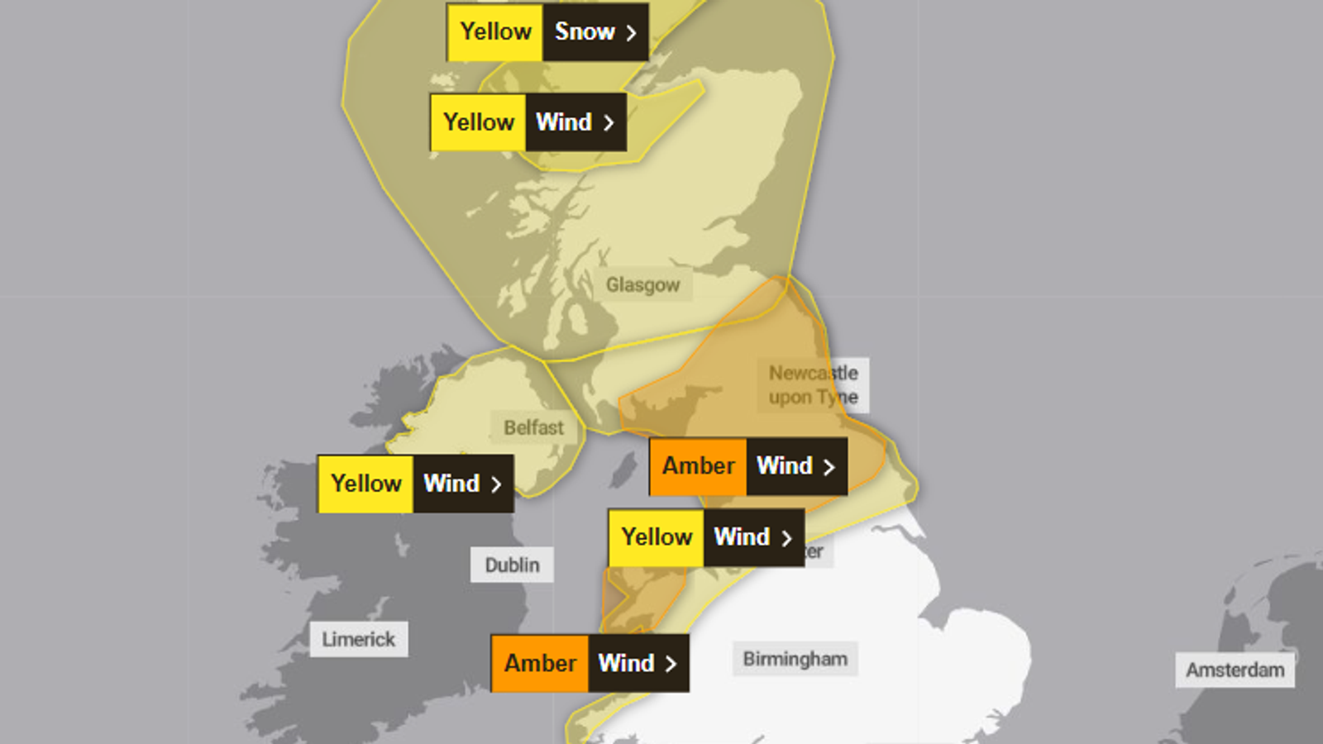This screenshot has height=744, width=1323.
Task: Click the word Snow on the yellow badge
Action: (584, 32)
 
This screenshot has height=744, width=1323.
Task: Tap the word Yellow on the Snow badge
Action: (495, 32)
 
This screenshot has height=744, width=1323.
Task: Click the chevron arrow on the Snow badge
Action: (631, 33)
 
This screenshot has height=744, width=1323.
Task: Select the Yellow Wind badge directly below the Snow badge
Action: (528, 122)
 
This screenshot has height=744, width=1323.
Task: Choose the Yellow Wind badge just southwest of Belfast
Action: (416, 484)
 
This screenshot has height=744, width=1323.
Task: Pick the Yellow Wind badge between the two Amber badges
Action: (706, 537)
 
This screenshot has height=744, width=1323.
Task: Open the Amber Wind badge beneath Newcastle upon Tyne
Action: (748, 466)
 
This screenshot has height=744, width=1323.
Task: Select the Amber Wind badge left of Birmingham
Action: (590, 663)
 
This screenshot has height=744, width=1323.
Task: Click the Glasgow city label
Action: (642, 285)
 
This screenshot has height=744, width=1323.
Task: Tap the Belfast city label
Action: (533, 427)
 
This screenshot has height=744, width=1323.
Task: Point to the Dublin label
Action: (512, 565)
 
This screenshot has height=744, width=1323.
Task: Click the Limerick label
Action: (359, 639)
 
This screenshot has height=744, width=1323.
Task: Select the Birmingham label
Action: (795, 659)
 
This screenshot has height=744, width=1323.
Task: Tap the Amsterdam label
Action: (1235, 670)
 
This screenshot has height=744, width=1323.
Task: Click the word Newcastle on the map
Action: (814, 373)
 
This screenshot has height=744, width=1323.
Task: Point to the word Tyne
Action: (837, 398)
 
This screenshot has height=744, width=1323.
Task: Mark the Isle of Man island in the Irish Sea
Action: (623, 470)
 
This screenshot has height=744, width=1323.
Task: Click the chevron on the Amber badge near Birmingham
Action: (671, 664)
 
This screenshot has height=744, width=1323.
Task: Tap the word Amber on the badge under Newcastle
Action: (698, 466)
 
